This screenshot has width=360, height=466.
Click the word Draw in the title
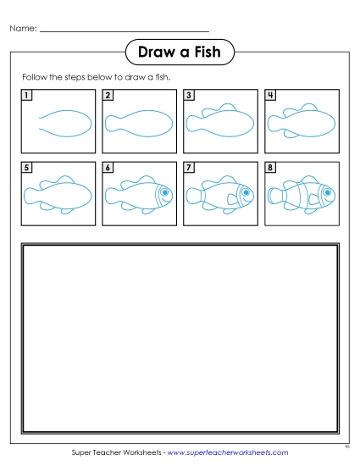coord(158,53)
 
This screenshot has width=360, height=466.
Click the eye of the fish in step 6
coord(164,192)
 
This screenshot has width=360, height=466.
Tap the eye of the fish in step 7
coord(246,192)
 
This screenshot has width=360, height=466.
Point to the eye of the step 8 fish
coord(326,192)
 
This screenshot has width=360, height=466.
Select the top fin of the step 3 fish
coord(226,108)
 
